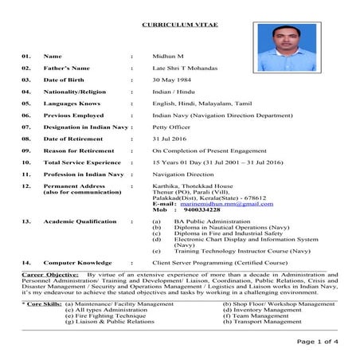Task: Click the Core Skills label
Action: [41, 303]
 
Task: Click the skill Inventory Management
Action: [268, 310]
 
